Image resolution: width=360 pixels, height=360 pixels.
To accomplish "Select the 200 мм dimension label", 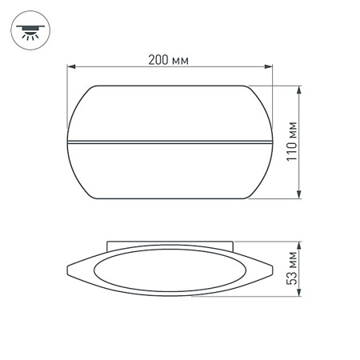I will click(x=169, y=59).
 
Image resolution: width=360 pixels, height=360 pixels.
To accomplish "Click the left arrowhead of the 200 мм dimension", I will click(x=69, y=68).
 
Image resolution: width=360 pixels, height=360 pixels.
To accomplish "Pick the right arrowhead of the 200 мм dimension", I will click(x=270, y=68).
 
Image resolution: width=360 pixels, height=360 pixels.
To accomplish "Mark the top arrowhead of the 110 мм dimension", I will click(x=298, y=87).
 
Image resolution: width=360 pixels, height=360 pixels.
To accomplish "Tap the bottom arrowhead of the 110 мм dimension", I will click(x=298, y=198).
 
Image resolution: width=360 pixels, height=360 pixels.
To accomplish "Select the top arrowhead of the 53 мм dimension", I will click(x=298, y=243).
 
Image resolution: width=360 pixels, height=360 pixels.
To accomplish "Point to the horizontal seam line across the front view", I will click(x=170, y=142).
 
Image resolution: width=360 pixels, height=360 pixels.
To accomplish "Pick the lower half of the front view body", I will click(x=170, y=172).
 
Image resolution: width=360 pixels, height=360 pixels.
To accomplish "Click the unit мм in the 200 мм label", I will click(x=181, y=59).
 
